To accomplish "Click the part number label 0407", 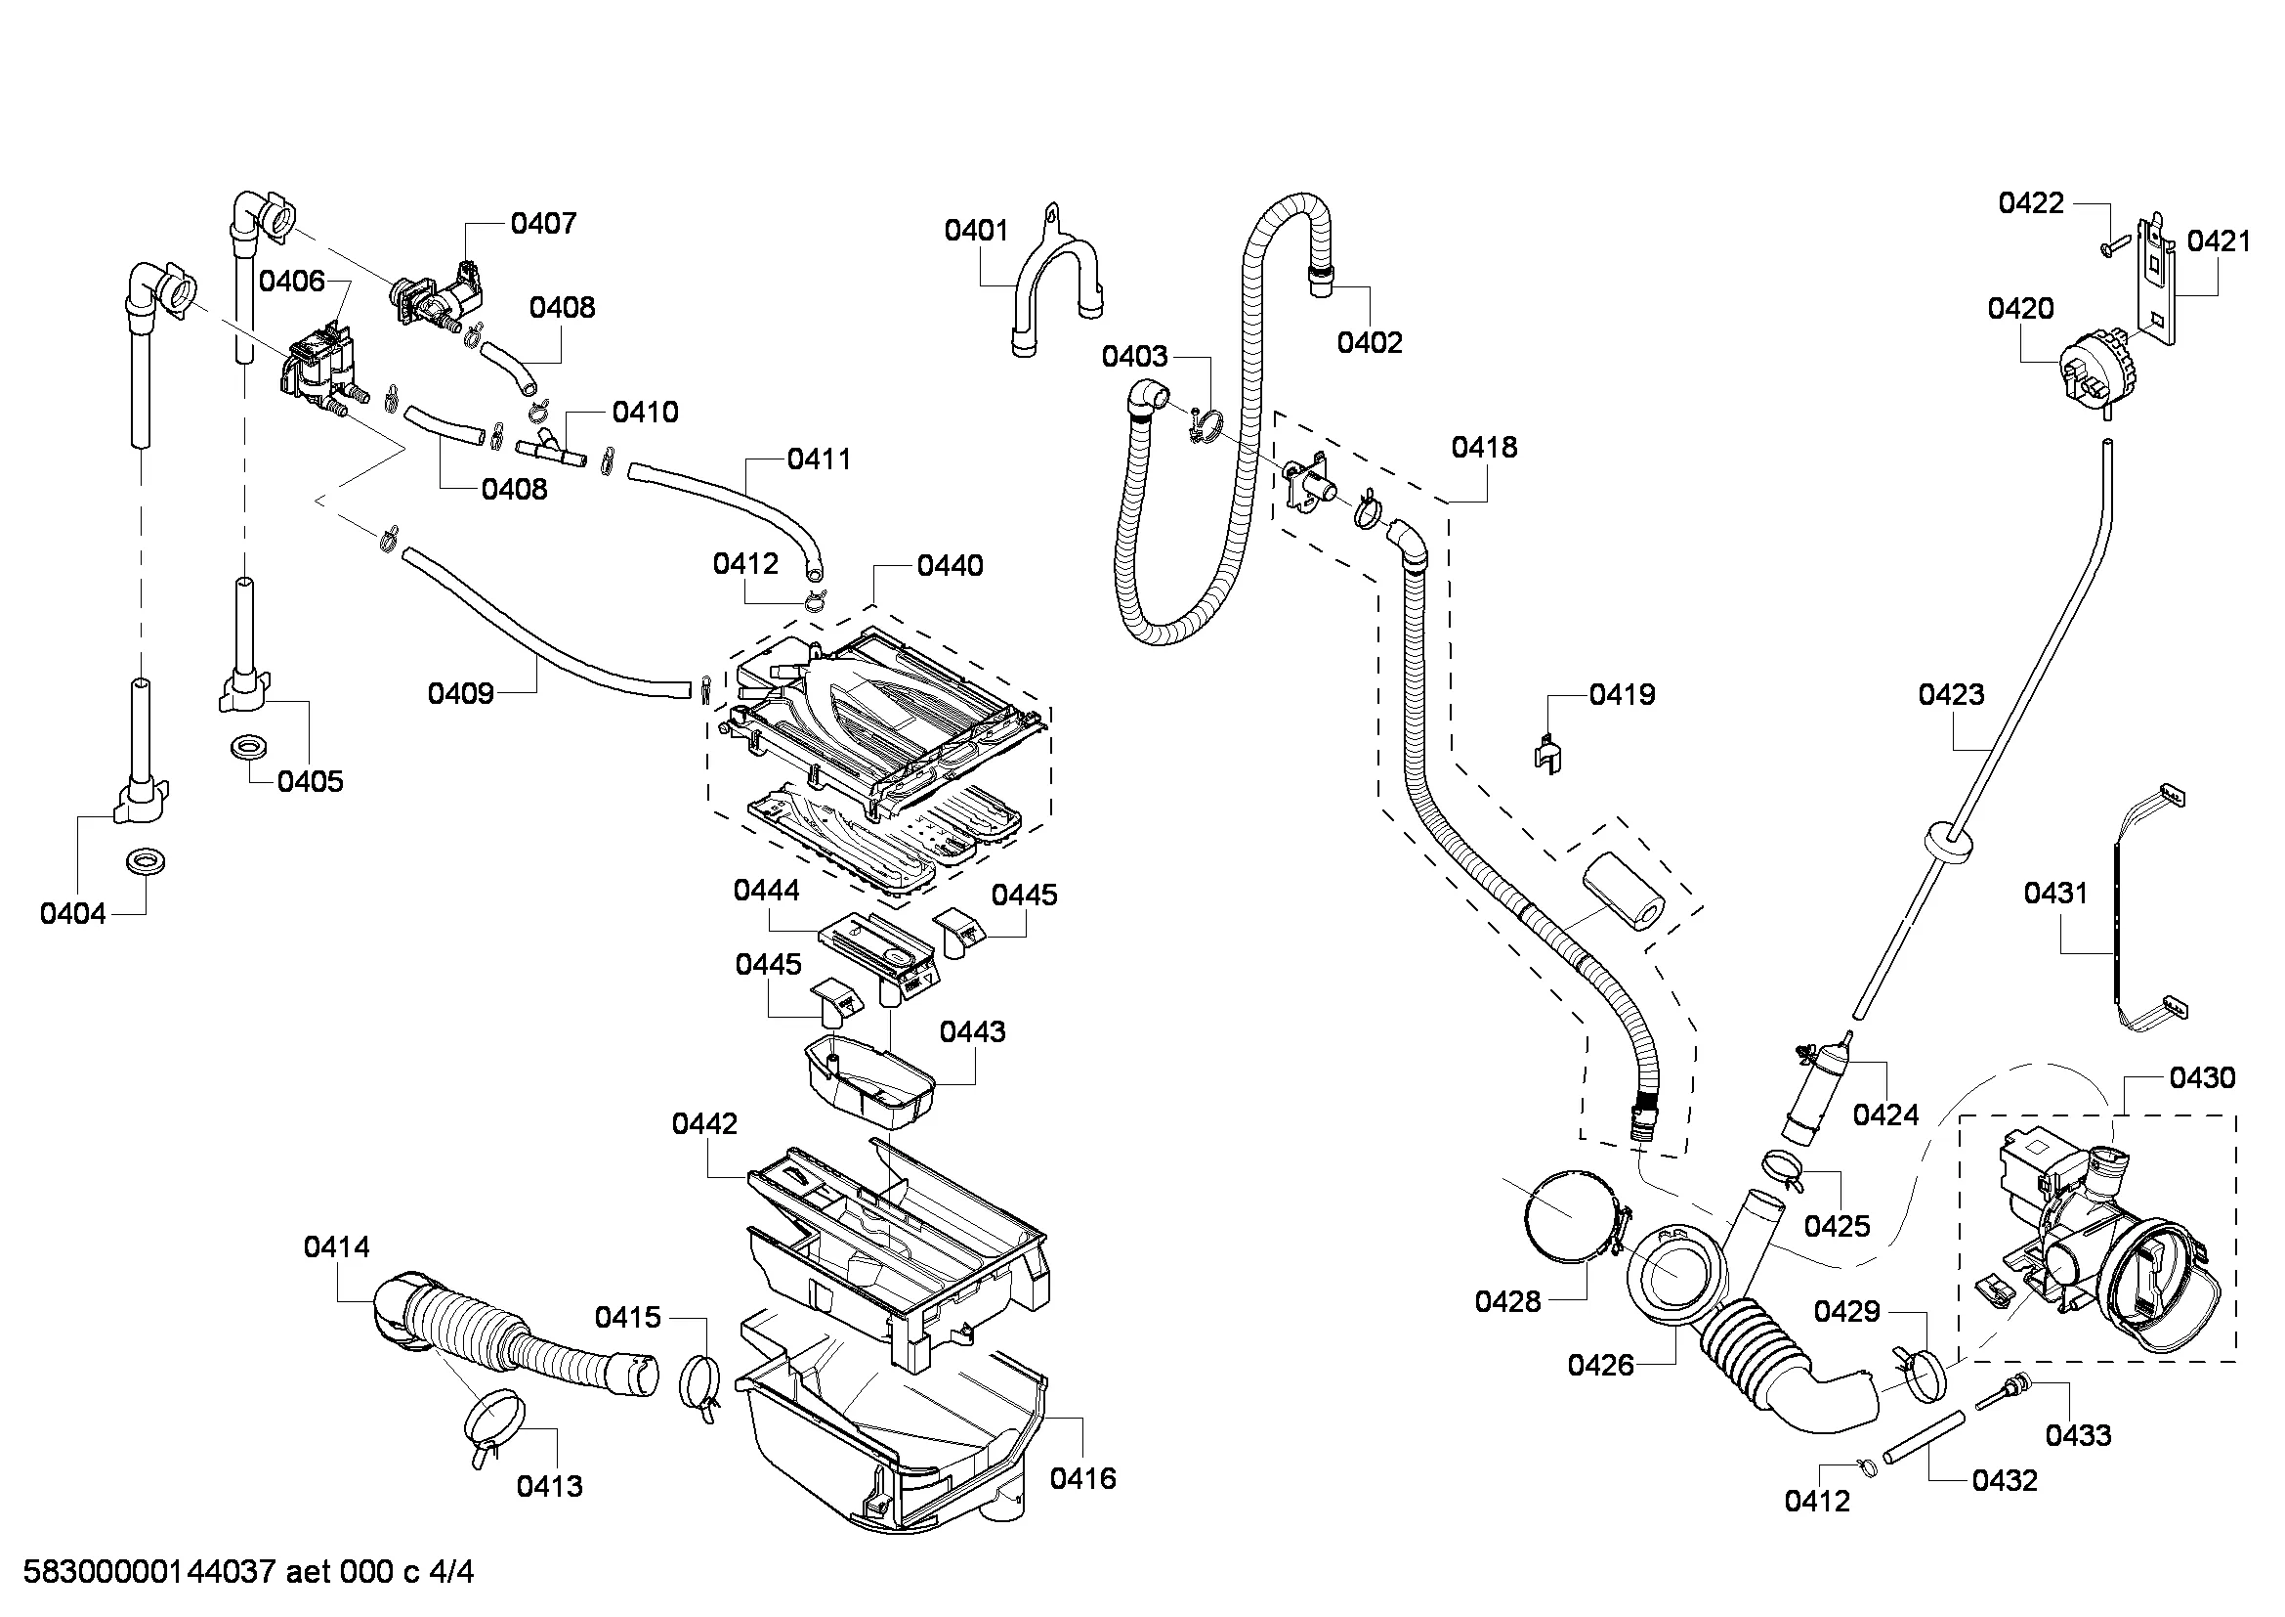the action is tap(543, 223).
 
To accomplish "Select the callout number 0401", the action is tap(976, 230).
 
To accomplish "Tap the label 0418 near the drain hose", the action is tap(1484, 447).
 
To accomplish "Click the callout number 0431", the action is tap(2055, 894).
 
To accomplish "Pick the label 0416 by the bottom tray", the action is tap(1082, 1478).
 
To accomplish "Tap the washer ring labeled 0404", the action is tap(147, 860).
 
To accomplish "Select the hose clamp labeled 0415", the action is tap(700, 1385).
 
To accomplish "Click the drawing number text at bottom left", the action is tap(249, 1572).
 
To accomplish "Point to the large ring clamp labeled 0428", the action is tap(1571, 1217).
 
